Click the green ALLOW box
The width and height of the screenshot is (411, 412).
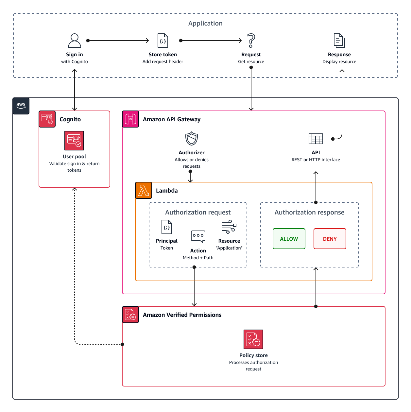(x=289, y=239)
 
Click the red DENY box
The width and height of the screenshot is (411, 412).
(x=330, y=239)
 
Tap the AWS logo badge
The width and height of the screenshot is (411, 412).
(x=21, y=106)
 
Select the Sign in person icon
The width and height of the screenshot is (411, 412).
(x=75, y=41)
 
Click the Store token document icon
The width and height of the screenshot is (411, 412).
(x=163, y=41)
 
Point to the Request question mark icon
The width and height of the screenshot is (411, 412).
(x=251, y=41)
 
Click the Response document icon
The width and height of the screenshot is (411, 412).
(x=339, y=41)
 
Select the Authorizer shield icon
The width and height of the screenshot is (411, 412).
(x=192, y=139)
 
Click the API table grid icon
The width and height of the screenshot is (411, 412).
(x=316, y=139)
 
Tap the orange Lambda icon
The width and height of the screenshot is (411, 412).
(x=144, y=190)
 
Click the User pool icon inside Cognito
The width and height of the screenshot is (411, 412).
(x=74, y=141)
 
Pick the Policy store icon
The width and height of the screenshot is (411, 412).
(x=253, y=339)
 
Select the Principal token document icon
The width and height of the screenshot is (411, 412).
(x=167, y=227)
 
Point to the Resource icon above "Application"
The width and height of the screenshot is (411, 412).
(x=229, y=227)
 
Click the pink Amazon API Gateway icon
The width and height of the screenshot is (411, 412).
(x=130, y=119)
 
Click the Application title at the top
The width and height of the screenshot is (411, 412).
(x=205, y=23)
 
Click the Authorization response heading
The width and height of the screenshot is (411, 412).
(x=309, y=212)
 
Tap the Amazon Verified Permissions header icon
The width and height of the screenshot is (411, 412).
(x=130, y=315)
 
